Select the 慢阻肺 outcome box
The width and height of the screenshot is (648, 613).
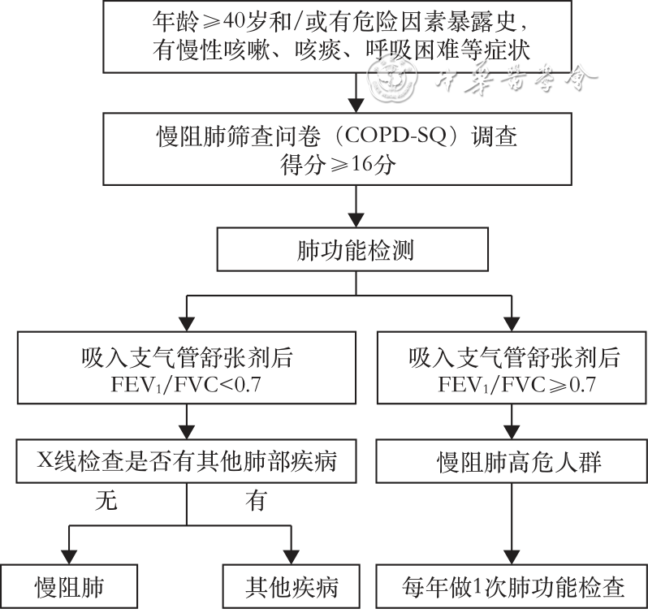[69, 587]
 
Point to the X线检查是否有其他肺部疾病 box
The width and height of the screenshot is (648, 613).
[188, 463]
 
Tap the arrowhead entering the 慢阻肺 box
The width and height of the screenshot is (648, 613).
[69, 559]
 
